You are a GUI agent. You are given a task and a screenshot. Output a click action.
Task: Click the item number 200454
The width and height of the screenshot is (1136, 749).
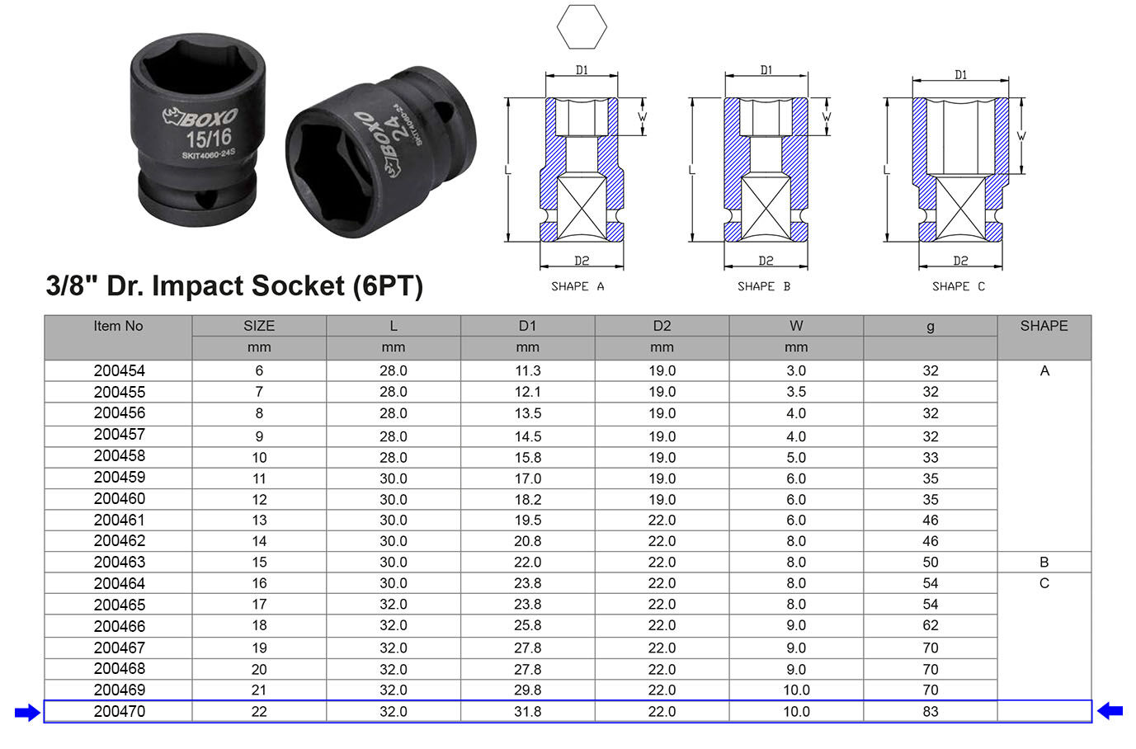coord(119,370)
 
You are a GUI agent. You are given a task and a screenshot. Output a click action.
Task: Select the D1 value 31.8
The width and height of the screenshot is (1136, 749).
coord(527,712)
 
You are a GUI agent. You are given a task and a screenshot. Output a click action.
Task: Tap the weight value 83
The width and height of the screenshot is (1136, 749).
coord(930,712)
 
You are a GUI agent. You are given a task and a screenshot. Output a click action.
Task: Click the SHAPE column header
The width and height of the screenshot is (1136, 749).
coord(1044,326)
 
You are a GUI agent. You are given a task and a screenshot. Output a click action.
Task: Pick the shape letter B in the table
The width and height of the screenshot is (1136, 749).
coord(1044,562)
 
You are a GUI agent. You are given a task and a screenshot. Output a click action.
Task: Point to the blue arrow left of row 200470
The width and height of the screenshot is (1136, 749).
coord(27,713)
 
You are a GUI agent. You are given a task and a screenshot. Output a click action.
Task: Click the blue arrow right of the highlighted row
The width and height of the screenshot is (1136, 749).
coord(1110,711)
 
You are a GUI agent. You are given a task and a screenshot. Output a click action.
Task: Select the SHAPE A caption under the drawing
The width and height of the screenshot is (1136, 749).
coord(577,286)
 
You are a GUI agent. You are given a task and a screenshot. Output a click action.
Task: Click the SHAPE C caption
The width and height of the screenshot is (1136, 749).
coord(959,286)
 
